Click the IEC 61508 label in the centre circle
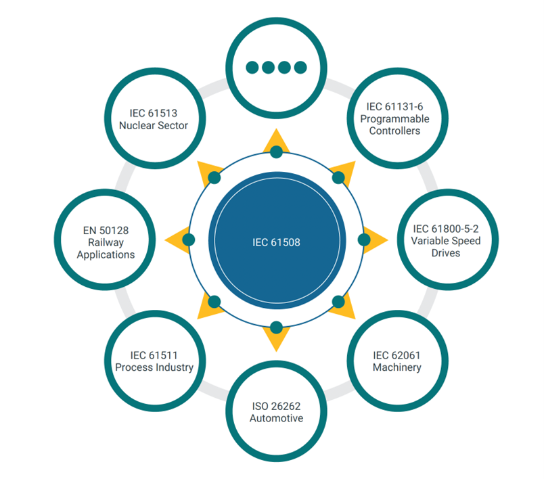coord(276,242)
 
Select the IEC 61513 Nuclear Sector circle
coord(155,118)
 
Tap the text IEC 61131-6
coord(394,106)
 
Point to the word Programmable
coord(394,119)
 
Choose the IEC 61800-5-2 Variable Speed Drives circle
coord(448,239)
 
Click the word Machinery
coord(397,367)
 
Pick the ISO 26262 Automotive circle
coord(276,411)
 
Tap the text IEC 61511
coord(154,355)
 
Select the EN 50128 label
coord(106,230)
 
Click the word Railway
coord(106,242)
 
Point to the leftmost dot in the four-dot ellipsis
coord(252,67)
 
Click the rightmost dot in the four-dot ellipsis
coord(300,67)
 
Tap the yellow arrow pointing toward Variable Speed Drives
coord(376,239)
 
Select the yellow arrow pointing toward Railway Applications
coord(177,239)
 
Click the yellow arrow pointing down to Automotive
coord(276,339)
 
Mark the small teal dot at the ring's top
coord(276,152)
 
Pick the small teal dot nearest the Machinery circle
coord(338,302)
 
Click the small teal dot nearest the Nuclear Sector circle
coord(214,177)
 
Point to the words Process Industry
coord(154,367)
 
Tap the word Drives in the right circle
coord(446,253)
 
